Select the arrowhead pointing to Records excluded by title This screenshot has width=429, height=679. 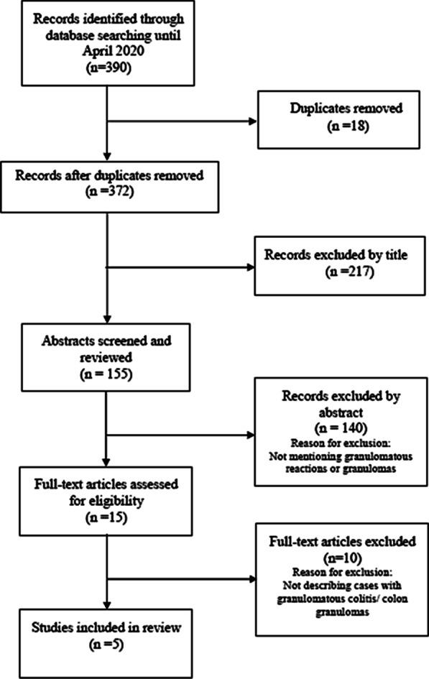pos(250,267)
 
